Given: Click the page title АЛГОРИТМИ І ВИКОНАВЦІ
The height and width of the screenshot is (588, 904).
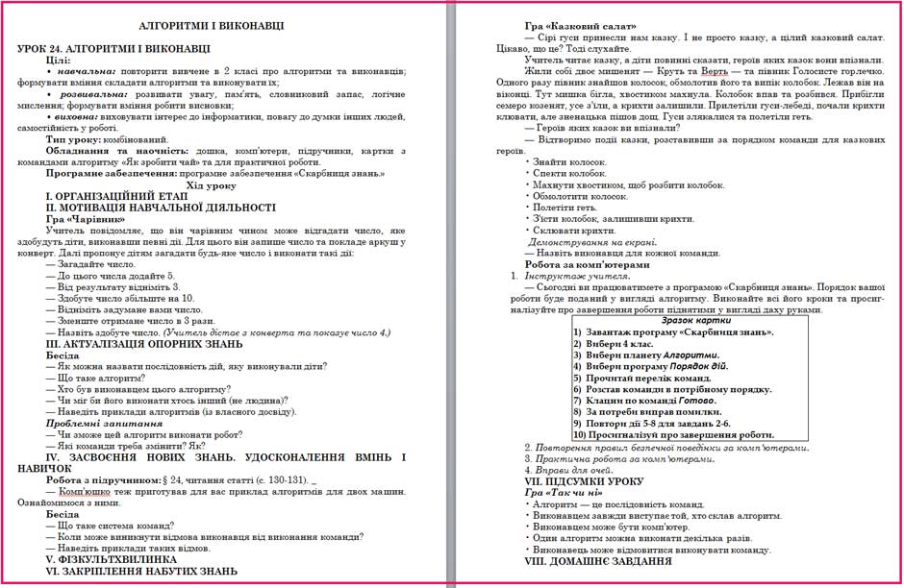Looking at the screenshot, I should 222,27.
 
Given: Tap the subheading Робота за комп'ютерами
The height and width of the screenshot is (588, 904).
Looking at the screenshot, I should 588,264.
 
